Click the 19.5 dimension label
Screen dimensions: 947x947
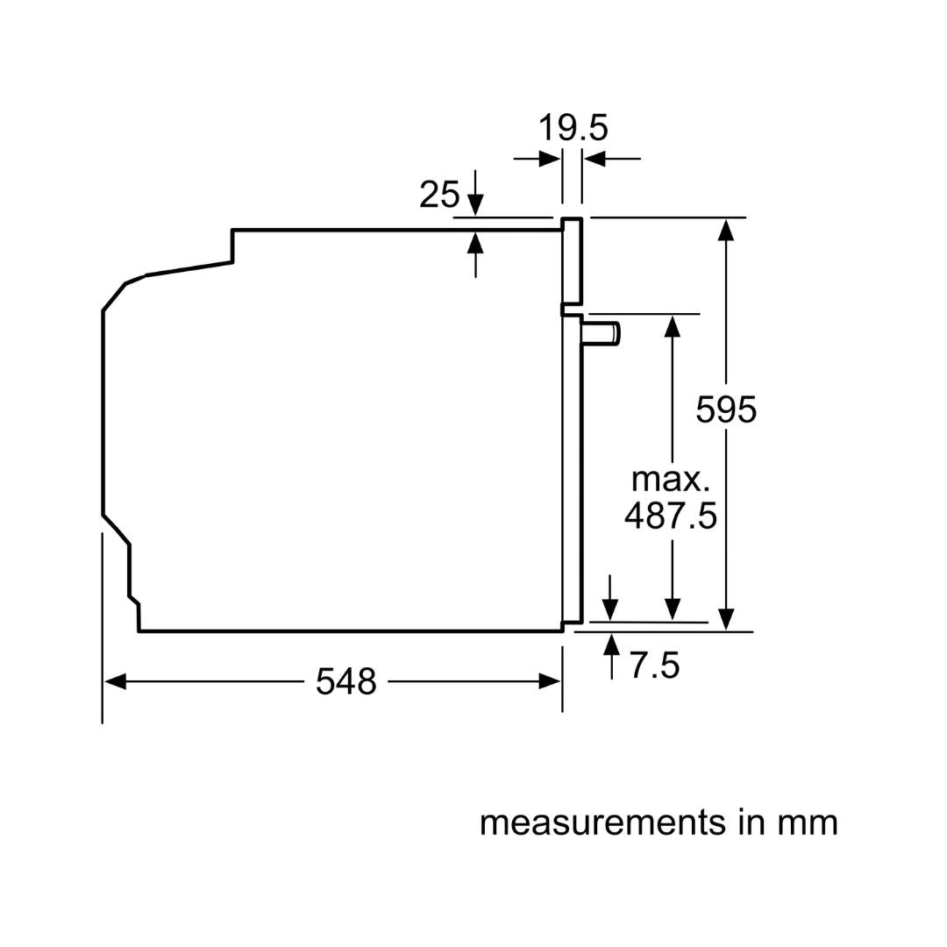click(x=572, y=128)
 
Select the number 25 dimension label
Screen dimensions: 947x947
click(x=438, y=195)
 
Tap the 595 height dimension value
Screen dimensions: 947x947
click(x=725, y=409)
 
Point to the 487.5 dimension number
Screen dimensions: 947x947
click(x=670, y=516)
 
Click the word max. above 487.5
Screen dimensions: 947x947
click(x=670, y=480)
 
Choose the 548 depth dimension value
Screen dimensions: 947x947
click(x=345, y=681)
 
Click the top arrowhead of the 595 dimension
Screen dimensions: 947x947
click(x=725, y=229)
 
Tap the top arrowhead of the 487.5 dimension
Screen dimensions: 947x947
click(x=673, y=325)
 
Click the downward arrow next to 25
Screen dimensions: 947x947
click(x=475, y=205)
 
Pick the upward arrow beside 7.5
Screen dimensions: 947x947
click(x=611, y=645)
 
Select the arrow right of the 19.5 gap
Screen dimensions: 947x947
click(x=595, y=159)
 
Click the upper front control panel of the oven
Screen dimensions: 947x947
click(x=572, y=260)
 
